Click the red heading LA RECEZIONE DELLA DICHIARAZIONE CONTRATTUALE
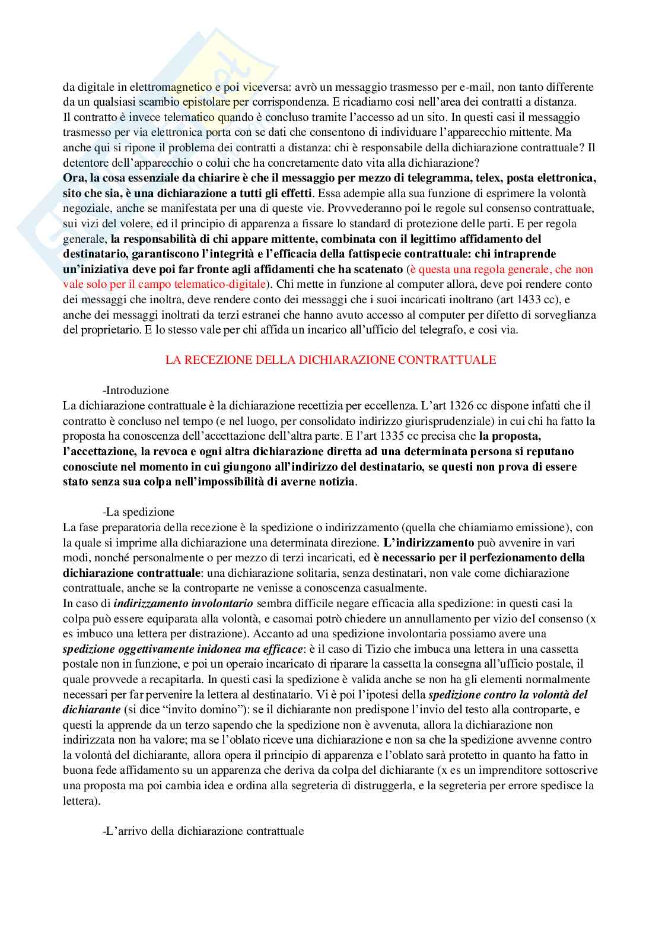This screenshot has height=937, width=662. [x=330, y=360]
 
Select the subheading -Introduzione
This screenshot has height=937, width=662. [x=136, y=390]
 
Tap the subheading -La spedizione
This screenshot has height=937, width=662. [x=138, y=512]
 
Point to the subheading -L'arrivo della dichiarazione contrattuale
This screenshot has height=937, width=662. [x=203, y=831]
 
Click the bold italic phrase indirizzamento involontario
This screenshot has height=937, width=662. [x=183, y=604]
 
